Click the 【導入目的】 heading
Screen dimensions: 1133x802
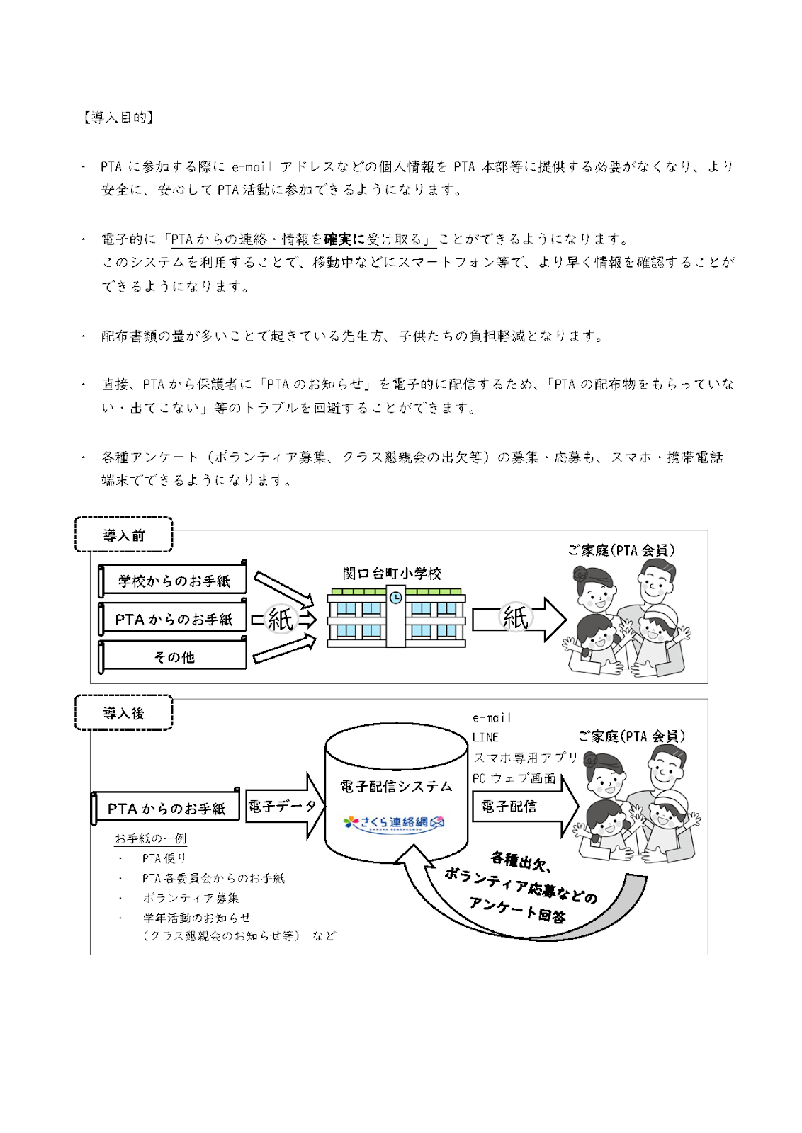[118, 118]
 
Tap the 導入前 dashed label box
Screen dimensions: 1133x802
[124, 535]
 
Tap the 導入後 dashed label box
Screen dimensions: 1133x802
[124, 713]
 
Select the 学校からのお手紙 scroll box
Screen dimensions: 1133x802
[174, 581]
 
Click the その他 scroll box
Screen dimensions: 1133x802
[174, 656]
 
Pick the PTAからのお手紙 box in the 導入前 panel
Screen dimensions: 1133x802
[174, 619]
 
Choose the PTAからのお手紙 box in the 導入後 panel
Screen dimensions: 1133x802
[166, 808]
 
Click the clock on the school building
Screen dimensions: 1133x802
[396, 598]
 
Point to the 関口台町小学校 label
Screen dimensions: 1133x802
[392, 574]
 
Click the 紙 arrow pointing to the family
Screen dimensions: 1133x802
[517, 618]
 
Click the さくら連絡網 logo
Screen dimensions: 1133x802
[394, 822]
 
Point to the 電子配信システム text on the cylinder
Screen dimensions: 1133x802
[396, 786]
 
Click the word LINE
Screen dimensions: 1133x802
[485, 737]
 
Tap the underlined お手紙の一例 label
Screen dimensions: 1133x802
[151, 838]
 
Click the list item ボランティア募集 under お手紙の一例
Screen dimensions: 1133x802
[191, 898]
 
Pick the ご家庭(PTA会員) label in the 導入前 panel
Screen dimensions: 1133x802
[621, 550]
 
